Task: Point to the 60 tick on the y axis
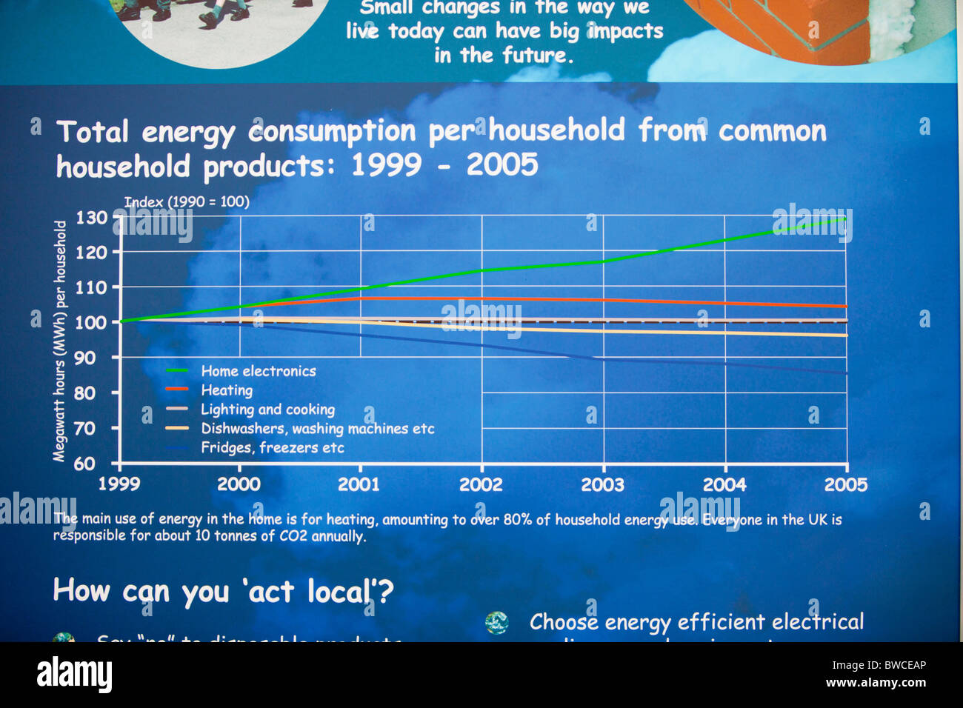click(x=84, y=464)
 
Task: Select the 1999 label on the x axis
click(x=119, y=484)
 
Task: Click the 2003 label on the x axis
click(x=602, y=485)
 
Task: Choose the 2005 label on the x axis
click(x=845, y=485)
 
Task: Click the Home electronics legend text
click(x=259, y=371)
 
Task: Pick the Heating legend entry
click(x=227, y=390)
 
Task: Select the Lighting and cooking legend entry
click(x=267, y=410)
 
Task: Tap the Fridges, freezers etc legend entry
click(x=272, y=448)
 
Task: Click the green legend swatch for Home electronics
click(x=177, y=370)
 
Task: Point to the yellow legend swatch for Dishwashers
click(x=177, y=428)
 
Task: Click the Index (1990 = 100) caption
click(x=187, y=201)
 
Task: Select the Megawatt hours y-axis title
click(x=60, y=341)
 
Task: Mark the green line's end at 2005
click(x=845, y=218)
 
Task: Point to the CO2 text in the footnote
click(x=290, y=536)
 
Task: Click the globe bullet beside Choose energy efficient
click(x=496, y=623)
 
